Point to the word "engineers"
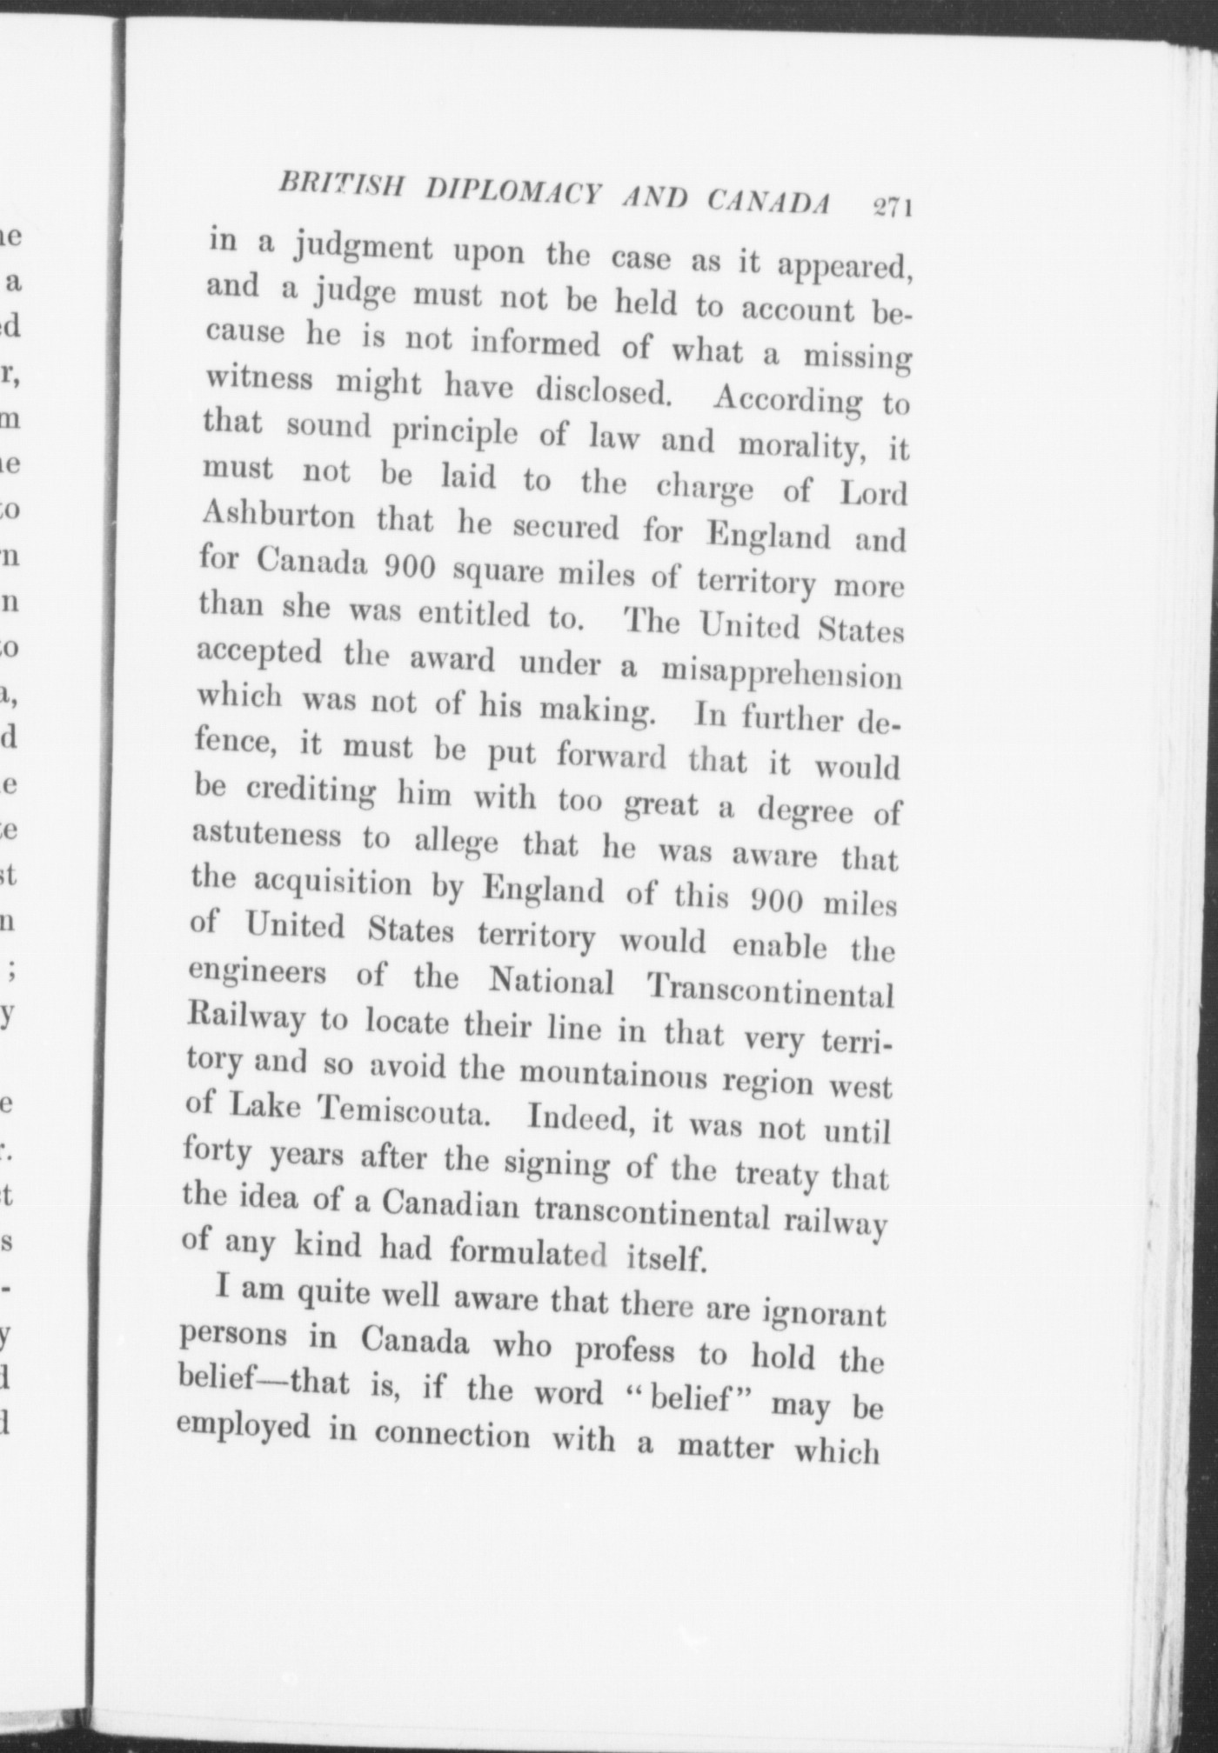[258, 974]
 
